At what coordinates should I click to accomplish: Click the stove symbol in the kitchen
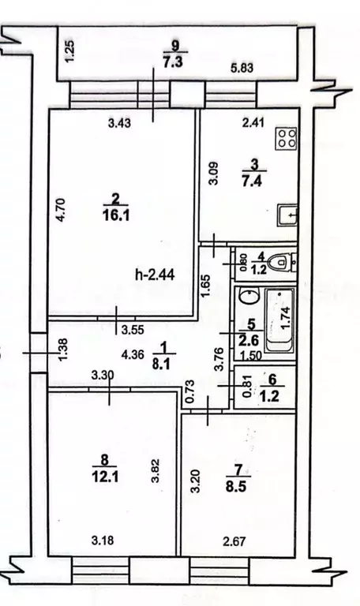coord(286,138)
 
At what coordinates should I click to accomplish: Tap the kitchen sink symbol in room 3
coord(287,215)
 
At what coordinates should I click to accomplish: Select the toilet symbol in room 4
coord(283,263)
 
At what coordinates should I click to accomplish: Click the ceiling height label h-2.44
coord(155,275)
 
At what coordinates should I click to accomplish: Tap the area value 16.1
coord(116,215)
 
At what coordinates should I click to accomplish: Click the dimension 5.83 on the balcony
coord(242,68)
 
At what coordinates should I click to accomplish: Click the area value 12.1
coord(103,477)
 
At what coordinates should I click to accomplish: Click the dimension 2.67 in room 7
coord(234,541)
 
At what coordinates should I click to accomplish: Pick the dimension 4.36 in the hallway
coord(133,354)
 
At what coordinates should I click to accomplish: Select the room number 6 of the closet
coord(272,380)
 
